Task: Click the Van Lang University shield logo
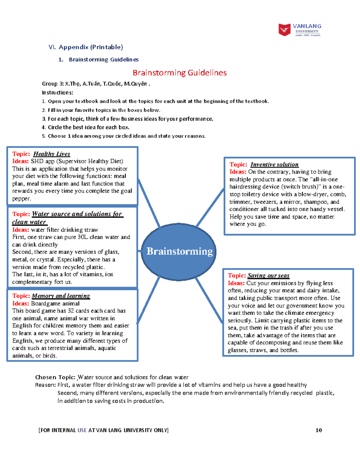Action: [284, 30]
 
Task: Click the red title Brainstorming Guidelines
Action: [180, 73]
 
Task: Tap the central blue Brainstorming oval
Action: [179, 251]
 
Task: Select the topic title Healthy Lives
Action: [52, 154]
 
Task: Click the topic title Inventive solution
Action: [274, 164]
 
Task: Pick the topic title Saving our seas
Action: [268, 275]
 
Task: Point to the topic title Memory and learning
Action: [61, 296]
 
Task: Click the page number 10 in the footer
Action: [319, 430]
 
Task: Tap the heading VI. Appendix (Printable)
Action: [86, 47]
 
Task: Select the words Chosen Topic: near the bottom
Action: [55, 377]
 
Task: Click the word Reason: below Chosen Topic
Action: [45, 385]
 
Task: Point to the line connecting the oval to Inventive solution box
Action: [210, 207]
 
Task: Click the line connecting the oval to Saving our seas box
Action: [209, 300]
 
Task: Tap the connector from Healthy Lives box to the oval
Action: [149, 203]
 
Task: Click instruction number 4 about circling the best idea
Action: [85, 127]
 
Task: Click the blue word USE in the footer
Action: [82, 430]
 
